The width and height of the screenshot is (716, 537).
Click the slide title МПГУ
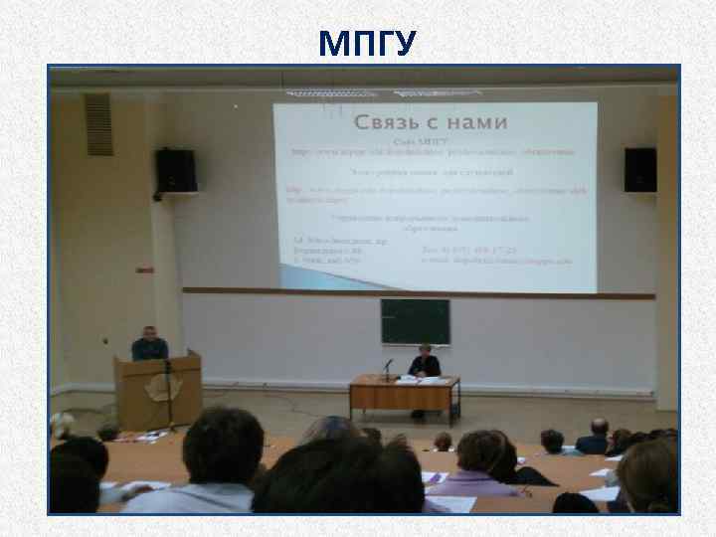(x=368, y=43)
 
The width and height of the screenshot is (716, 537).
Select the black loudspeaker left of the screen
(x=176, y=169)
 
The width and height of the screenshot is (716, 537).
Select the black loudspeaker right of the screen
(x=639, y=169)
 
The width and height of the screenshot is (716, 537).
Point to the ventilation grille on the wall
(x=98, y=124)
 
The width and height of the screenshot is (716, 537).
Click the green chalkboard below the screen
(x=415, y=320)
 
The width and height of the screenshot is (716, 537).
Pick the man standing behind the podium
(x=150, y=344)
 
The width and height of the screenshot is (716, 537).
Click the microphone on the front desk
(x=387, y=365)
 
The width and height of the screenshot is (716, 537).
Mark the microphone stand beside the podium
(x=169, y=398)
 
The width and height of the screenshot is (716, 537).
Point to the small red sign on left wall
(x=144, y=269)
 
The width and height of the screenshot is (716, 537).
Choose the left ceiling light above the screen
(x=317, y=92)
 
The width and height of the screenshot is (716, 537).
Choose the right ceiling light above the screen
(x=437, y=92)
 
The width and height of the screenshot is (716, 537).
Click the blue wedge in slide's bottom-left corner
(x=298, y=280)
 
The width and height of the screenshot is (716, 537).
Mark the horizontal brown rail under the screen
(x=418, y=293)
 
